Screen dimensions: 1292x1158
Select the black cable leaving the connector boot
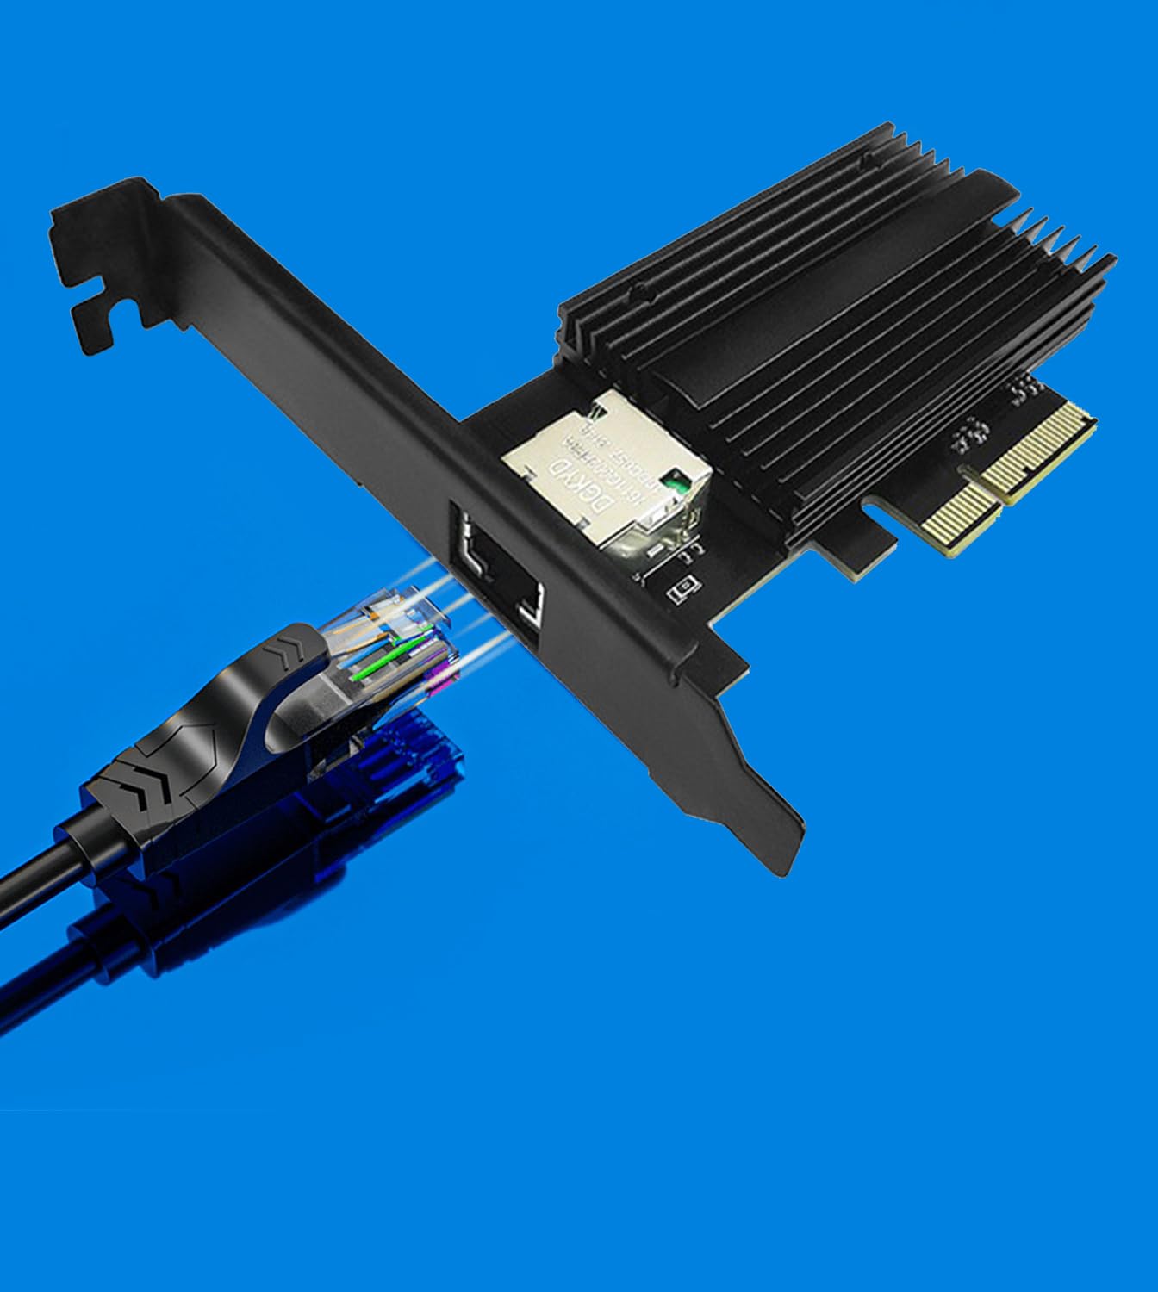click(34, 870)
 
